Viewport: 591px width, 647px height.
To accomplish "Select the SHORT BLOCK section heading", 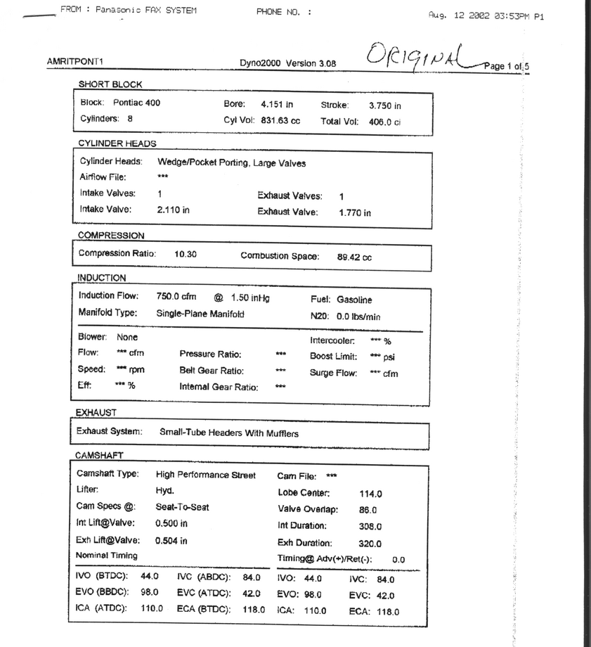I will [110, 84].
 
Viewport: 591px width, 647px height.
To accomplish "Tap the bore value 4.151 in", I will [277, 104].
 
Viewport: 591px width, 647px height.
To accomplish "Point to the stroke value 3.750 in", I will [385, 105].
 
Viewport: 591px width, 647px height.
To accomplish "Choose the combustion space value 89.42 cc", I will [354, 257].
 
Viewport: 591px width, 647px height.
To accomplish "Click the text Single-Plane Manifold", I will [200, 314].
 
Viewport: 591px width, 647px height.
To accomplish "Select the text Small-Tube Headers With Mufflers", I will [229, 433].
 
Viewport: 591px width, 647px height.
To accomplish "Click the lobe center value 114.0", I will [370, 494].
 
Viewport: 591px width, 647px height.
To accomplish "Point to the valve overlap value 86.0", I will [368, 511].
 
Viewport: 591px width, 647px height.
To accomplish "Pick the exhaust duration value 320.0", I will [370, 544].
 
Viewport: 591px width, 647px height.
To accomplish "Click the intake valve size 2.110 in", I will [174, 210].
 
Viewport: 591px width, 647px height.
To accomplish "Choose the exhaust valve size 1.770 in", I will [355, 212].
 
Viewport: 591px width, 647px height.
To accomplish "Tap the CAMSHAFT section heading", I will [100, 456].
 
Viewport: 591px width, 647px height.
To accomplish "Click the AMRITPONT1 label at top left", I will [76, 61].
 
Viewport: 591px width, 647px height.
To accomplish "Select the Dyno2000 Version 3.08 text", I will [287, 63].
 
